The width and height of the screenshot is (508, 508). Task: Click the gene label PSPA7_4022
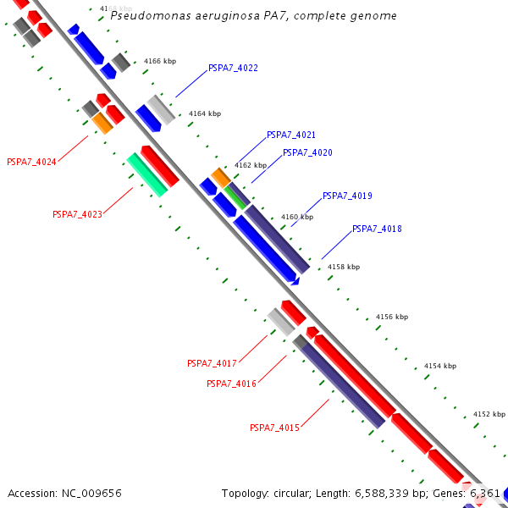tap(233, 68)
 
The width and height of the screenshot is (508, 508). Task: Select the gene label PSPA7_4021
tap(290, 135)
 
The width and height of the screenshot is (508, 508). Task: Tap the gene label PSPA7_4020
tap(307, 152)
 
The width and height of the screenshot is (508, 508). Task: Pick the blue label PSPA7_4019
tap(347, 196)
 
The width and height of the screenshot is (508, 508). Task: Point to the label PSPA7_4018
tap(377, 229)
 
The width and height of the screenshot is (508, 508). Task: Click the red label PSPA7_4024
tap(31, 162)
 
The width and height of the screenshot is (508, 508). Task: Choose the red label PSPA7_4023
tap(77, 214)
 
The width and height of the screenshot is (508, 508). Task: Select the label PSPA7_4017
tap(212, 363)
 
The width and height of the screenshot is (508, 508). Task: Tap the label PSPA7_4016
tap(231, 384)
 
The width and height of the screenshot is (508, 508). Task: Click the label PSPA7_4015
tap(274, 428)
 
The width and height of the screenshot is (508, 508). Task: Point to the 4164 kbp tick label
tap(204, 113)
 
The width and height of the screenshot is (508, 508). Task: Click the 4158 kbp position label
tap(343, 267)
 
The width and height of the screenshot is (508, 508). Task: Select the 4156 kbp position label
tap(391, 317)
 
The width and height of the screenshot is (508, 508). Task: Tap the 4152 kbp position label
tap(488, 414)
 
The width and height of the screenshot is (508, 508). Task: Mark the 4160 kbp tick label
tap(296, 217)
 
